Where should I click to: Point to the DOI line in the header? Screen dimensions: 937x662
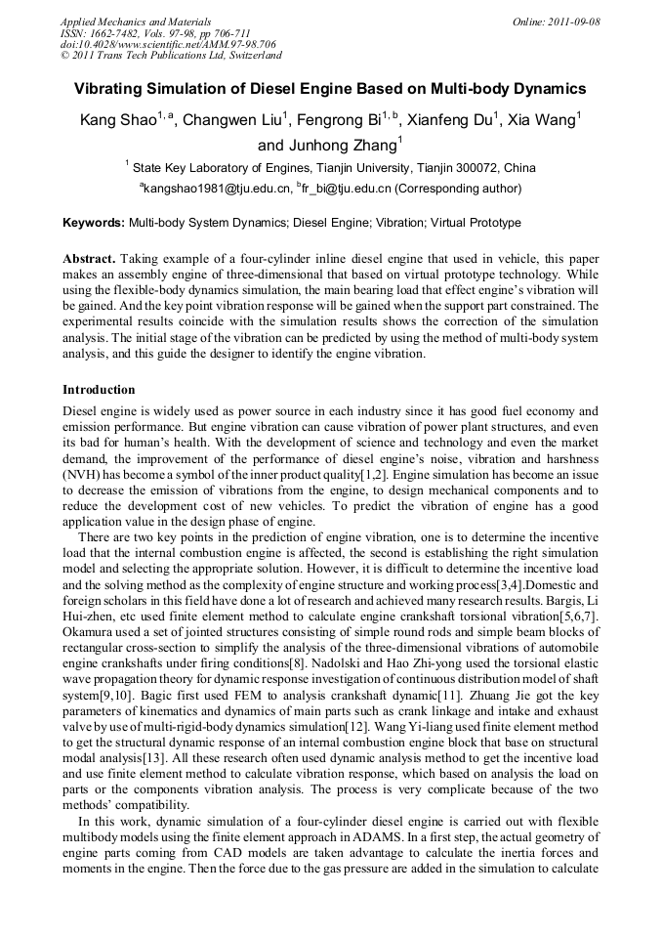pyautogui.click(x=168, y=45)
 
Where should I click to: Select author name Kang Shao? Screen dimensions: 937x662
pyautogui.click(x=116, y=121)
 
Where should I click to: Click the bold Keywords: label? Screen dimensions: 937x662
pyautogui.click(x=94, y=223)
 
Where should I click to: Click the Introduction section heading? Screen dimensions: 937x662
pyautogui.click(x=99, y=390)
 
